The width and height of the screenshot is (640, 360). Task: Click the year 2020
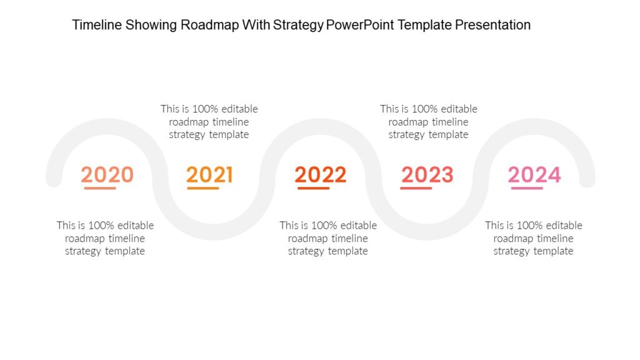(107, 174)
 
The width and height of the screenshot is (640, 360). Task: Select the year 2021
(209, 174)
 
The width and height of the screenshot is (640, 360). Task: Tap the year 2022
(321, 174)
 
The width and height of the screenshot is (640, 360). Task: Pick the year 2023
(427, 174)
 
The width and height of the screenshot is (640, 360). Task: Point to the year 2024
(534, 174)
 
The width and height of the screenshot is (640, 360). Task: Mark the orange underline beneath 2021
(202, 187)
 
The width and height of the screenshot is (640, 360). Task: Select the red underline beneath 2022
(313, 187)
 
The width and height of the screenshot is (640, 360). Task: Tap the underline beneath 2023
(416, 187)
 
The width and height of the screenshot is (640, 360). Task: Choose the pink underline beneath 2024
(527, 187)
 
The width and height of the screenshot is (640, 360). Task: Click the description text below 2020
(105, 238)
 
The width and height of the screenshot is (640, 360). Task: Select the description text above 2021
(209, 121)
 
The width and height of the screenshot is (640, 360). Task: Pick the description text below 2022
(328, 238)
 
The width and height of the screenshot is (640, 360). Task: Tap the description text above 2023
(429, 121)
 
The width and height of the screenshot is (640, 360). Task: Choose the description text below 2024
(534, 238)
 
